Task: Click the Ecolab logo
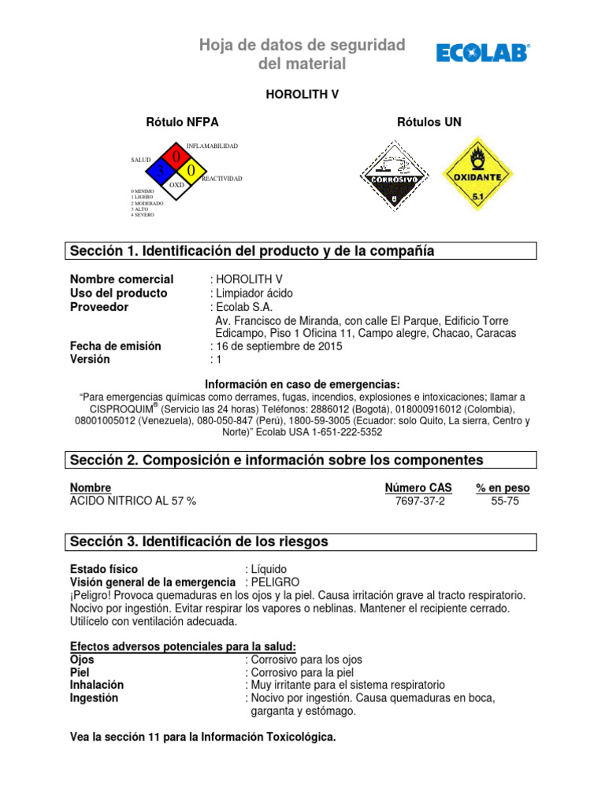(x=483, y=53)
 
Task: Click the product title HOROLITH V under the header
(x=302, y=94)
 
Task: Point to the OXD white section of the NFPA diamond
(x=176, y=185)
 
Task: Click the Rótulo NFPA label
(x=183, y=122)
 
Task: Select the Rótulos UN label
(x=429, y=122)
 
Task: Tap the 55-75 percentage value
(x=504, y=501)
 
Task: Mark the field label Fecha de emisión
(x=115, y=346)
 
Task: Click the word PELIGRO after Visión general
(x=272, y=582)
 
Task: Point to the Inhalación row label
(x=97, y=685)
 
